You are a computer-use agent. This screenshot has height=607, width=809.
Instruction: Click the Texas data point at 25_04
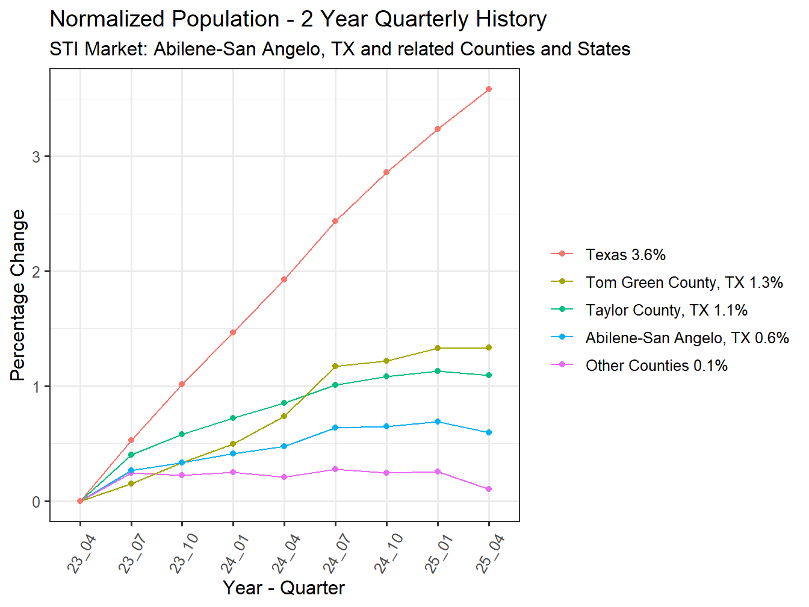click(x=489, y=89)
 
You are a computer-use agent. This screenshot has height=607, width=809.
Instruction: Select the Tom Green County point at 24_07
click(x=335, y=366)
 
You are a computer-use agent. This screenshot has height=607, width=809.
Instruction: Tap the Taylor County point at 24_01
click(x=233, y=418)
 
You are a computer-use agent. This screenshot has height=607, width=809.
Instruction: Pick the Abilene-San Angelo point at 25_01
click(x=438, y=422)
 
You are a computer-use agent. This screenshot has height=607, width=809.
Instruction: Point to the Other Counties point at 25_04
click(x=489, y=489)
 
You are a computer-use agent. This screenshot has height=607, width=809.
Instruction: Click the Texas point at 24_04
click(x=284, y=279)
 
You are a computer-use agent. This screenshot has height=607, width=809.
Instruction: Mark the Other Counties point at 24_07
click(x=335, y=469)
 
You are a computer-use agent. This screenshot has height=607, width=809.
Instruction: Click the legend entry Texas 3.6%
click(x=625, y=255)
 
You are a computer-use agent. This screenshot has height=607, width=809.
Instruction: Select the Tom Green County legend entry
click(x=684, y=282)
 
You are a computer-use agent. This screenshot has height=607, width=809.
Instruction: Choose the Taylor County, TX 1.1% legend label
click(x=666, y=310)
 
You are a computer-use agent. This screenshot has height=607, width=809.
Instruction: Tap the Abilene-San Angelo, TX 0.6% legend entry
click(x=687, y=338)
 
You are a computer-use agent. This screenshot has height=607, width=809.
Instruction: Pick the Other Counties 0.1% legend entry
click(x=656, y=366)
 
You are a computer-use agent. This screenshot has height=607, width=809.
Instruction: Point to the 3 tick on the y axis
click(x=37, y=157)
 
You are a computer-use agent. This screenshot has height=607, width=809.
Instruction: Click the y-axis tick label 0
click(x=37, y=502)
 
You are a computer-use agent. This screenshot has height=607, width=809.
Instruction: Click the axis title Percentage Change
click(x=19, y=295)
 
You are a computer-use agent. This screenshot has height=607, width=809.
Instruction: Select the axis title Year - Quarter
click(x=284, y=588)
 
